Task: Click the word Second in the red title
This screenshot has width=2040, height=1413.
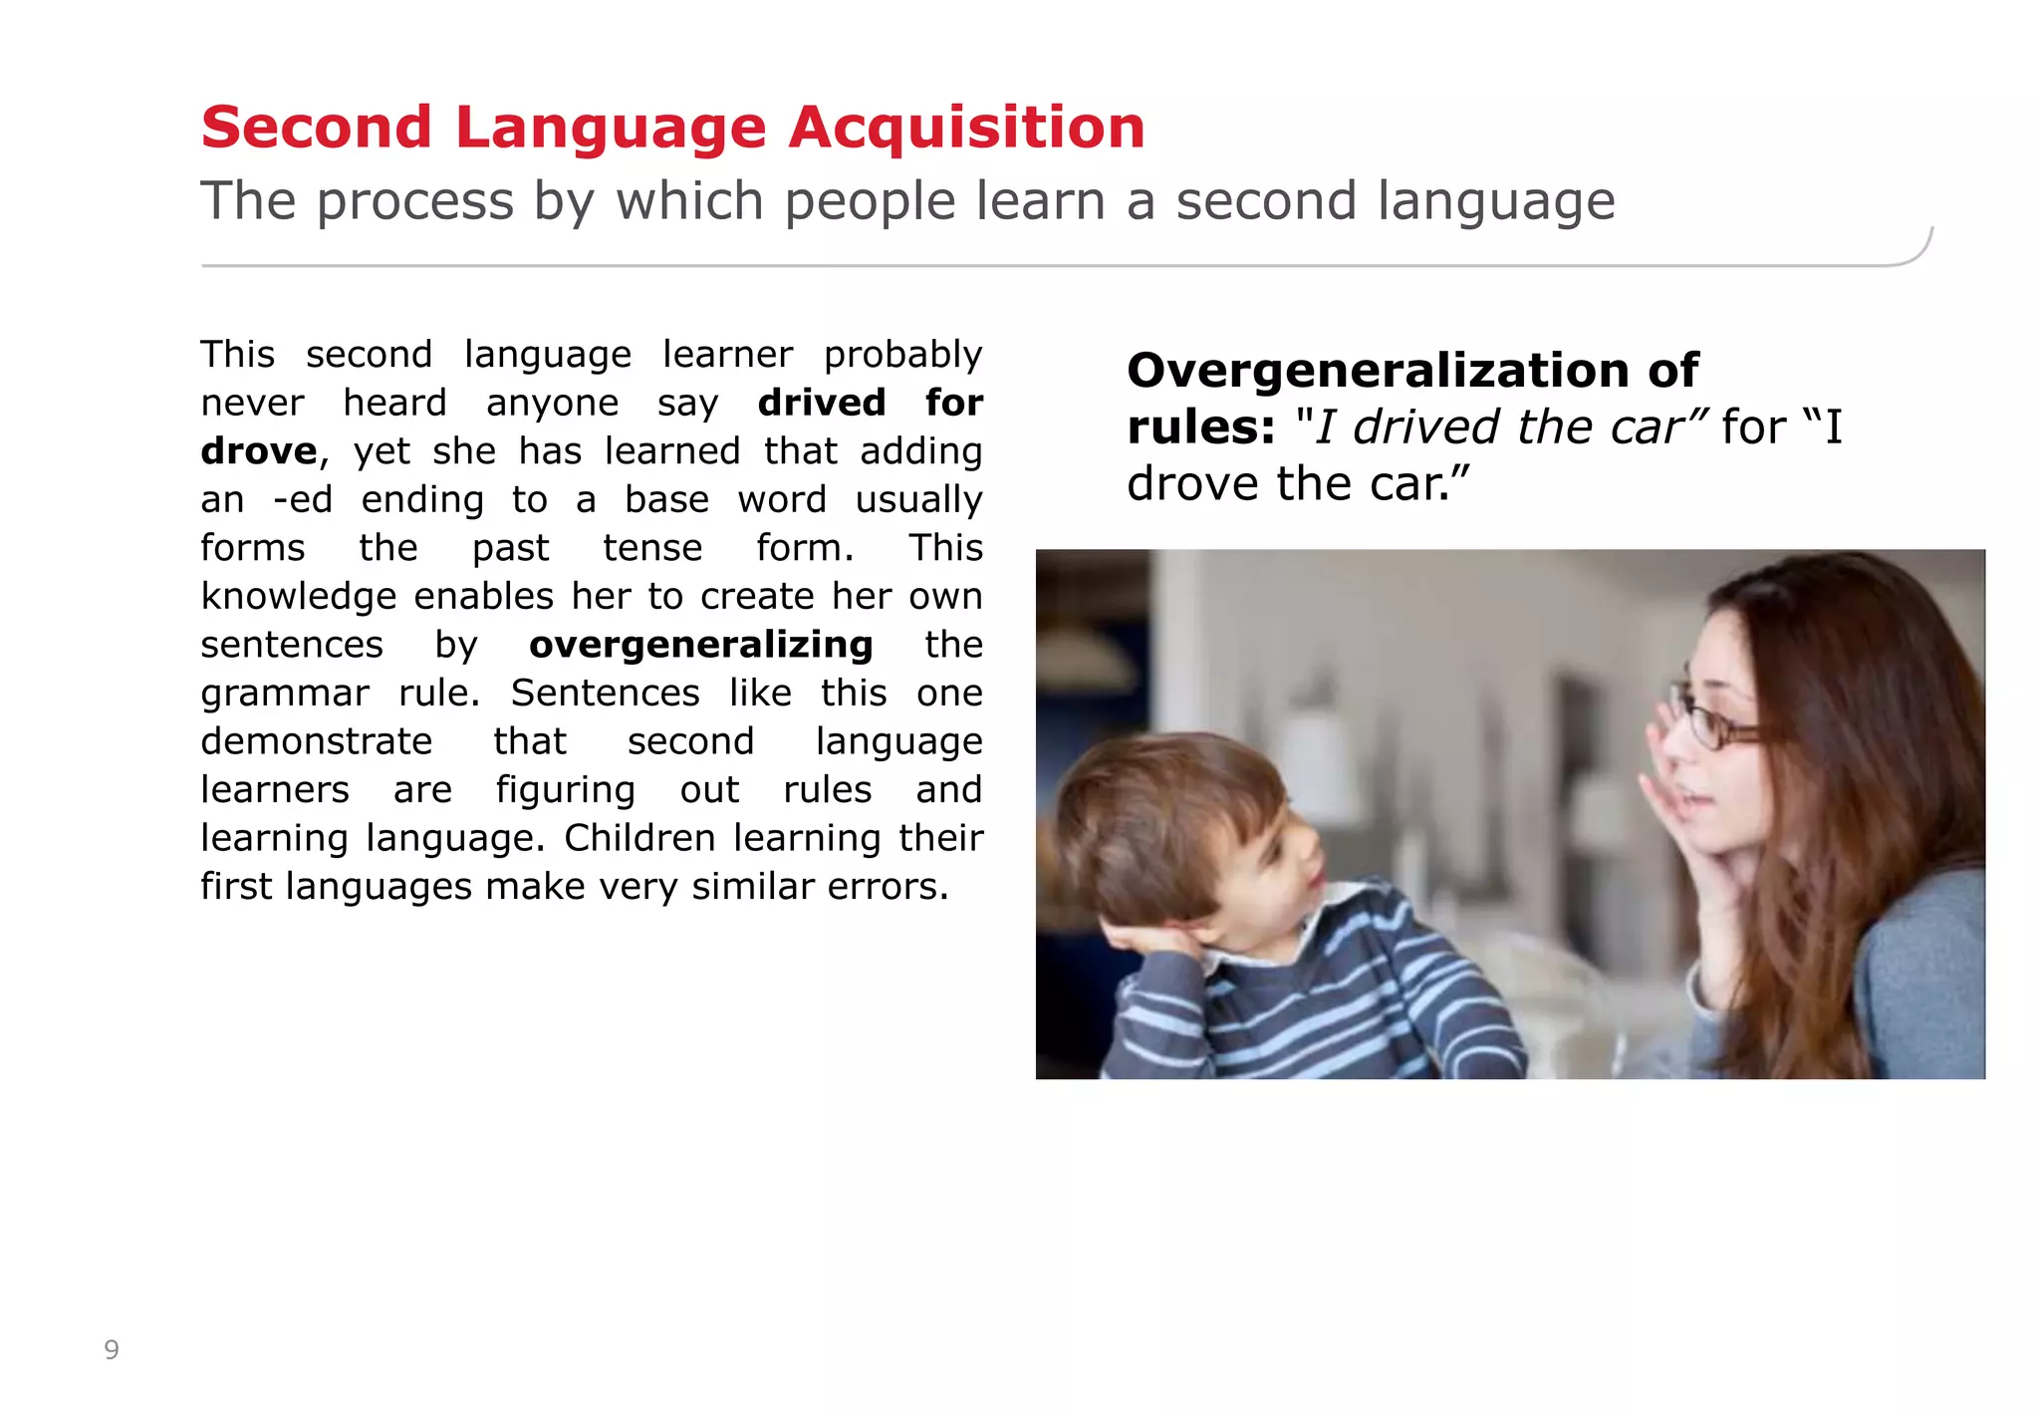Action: pyautogui.click(x=316, y=128)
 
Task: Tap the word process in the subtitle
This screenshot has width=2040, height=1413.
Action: pyautogui.click(x=413, y=202)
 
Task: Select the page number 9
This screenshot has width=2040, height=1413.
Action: pyautogui.click(x=112, y=1350)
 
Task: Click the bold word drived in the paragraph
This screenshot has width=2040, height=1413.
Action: pyautogui.click(x=821, y=403)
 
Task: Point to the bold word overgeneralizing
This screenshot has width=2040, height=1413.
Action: pyautogui.click(x=700, y=645)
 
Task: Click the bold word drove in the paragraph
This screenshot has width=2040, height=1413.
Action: pyautogui.click(x=258, y=451)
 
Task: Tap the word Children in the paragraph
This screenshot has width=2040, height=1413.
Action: pyautogui.click(x=639, y=838)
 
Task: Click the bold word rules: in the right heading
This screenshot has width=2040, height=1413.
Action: pyautogui.click(x=1200, y=427)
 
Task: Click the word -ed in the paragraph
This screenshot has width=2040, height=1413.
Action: pyautogui.click(x=303, y=499)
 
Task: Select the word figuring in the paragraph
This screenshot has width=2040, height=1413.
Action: pyautogui.click(x=565, y=790)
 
